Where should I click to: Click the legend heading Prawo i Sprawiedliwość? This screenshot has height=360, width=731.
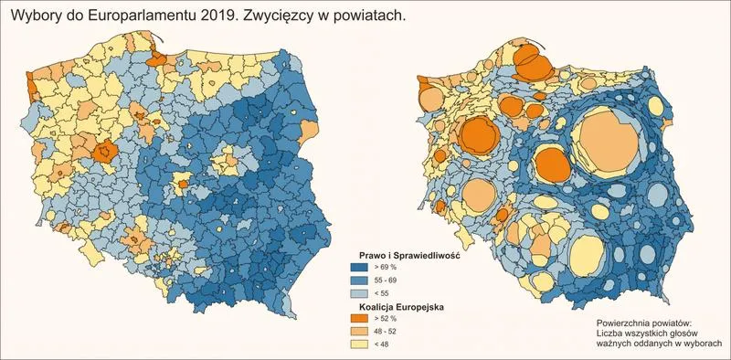[x=407, y=255]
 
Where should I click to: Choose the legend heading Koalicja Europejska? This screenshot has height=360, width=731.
[x=395, y=308]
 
